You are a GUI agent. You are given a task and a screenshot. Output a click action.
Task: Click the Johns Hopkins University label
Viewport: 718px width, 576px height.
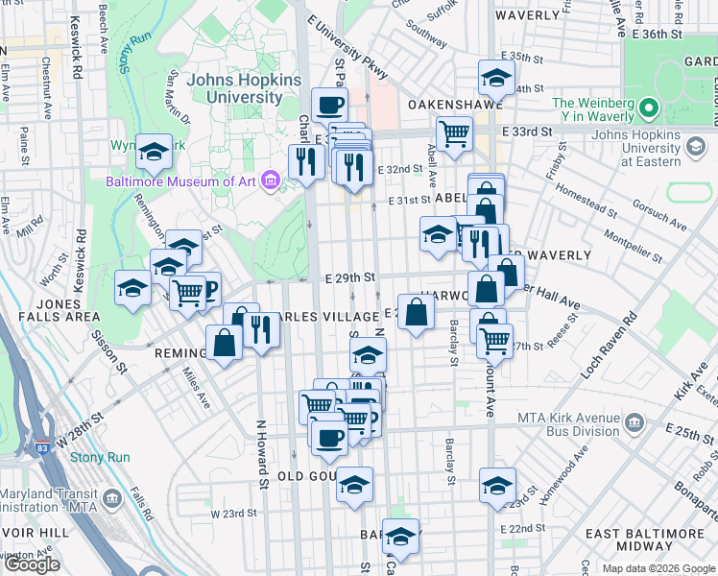pos(244,88)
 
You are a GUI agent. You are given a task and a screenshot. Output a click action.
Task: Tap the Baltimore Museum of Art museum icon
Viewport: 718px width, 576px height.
pos(270,180)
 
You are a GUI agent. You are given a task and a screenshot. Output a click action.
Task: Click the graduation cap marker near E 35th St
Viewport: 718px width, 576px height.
pos(495,77)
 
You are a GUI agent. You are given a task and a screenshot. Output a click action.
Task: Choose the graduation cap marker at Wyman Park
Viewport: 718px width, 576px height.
pos(153,150)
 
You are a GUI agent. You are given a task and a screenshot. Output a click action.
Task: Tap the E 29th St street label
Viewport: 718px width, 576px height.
pos(347,277)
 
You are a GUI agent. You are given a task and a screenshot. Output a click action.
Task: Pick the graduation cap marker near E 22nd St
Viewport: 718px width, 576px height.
pos(400,534)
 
